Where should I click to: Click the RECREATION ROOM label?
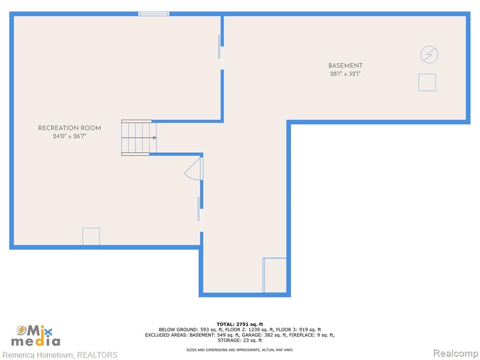pos(69,128)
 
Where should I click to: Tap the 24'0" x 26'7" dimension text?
pos(69,136)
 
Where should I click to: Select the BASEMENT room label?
pos(345,66)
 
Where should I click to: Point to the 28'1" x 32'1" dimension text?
pos(345,74)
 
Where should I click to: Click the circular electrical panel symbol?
pos(429,47)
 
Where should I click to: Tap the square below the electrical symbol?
pos(427,74)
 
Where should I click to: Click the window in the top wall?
pos(154,14)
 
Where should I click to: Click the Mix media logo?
pos(36,336)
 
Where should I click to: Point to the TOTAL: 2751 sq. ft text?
pos(240,324)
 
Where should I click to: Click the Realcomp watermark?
pos(456,353)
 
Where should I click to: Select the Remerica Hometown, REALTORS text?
pos(60,355)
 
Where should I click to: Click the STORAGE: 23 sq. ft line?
pos(240,340)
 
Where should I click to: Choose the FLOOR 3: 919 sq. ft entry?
pos(299,330)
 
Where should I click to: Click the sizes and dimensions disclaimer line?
pos(240,350)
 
